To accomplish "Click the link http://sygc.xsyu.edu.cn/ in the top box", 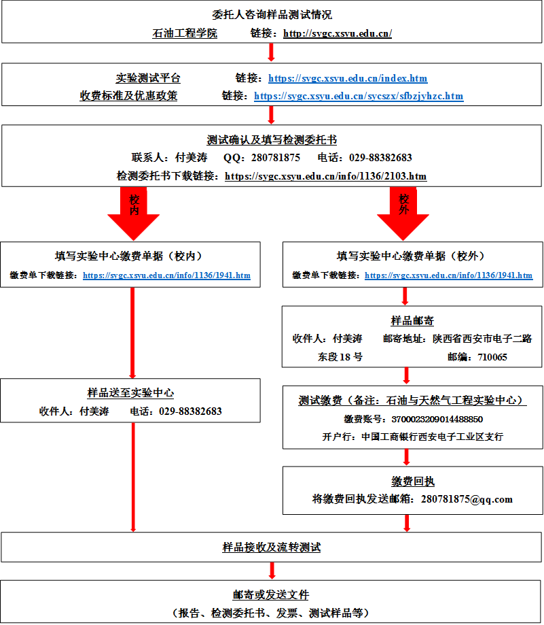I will pos(337,33).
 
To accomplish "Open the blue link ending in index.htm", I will pos(348,78).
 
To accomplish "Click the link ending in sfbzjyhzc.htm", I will pos(359,96).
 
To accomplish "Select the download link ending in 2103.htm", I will pos(325,176).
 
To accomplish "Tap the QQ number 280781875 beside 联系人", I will pos(276,158).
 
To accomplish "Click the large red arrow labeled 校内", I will pos(133,211).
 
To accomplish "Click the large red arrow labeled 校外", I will pos(403,211).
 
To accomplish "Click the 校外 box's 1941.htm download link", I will pos(448,275).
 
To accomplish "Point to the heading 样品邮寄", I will pos(412,320).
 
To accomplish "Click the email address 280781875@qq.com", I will pos(467,499).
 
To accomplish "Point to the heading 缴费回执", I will pos(412,482).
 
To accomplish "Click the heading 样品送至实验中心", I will pos(130,393).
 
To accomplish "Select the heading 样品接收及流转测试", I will pos(272,547).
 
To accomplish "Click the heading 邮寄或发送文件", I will pos(272,595).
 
